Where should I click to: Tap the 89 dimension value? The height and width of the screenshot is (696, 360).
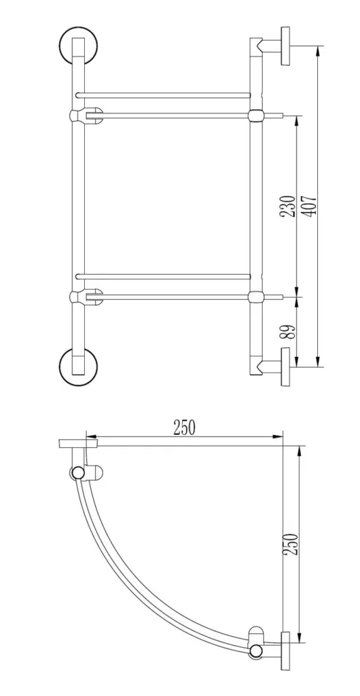coord(288,332)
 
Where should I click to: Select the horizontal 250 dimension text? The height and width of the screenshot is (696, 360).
coord(184,428)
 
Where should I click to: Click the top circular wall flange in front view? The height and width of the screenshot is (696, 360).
coord(79,46)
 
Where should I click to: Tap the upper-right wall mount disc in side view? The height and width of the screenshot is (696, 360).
coord(285,46)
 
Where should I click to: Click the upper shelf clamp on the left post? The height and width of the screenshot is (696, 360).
coord(86,116)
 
